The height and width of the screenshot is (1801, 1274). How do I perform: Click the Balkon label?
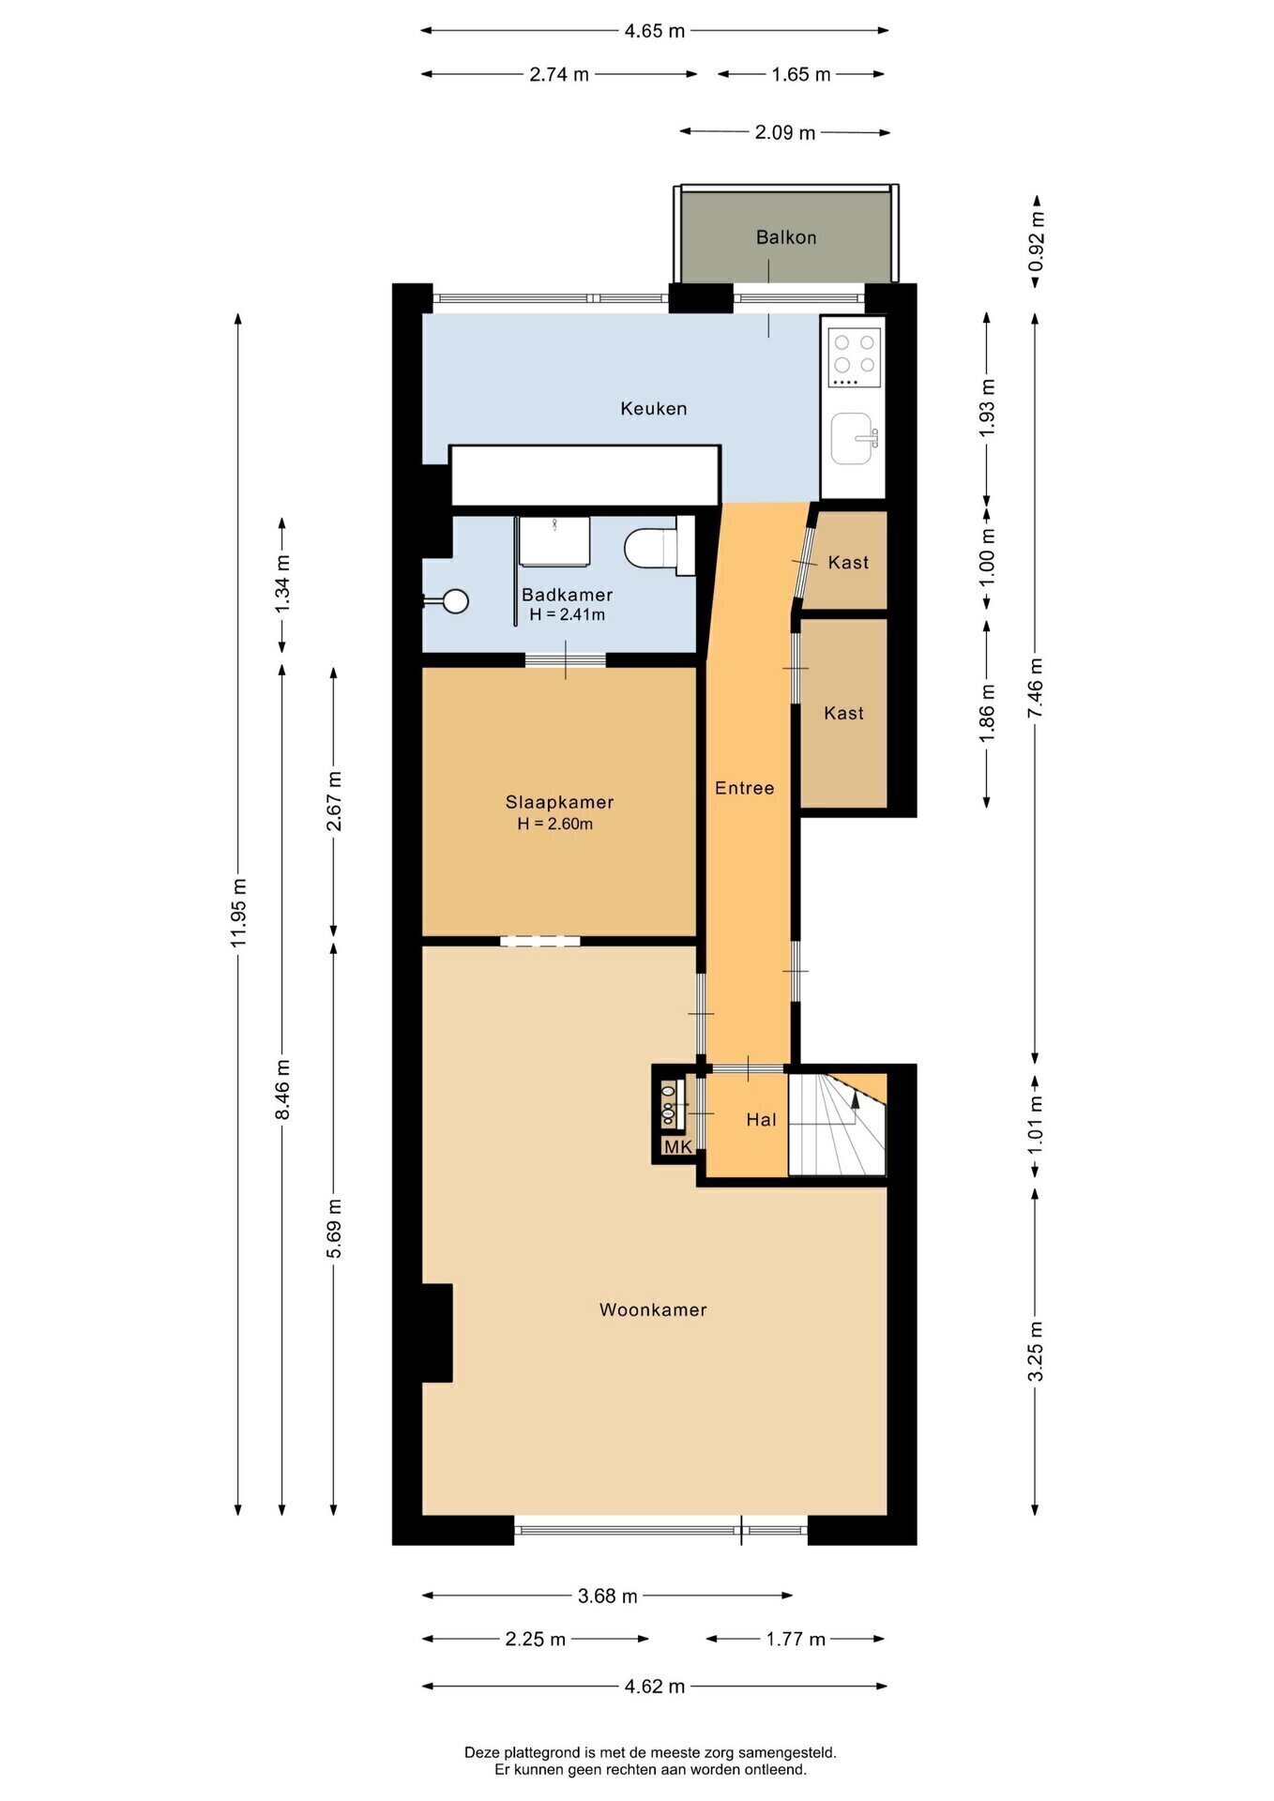point(786,237)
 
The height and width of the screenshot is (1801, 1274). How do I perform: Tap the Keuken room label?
point(654,408)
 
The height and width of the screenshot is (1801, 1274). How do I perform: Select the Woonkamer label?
point(653,1309)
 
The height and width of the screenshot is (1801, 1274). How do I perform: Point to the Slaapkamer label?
point(559,802)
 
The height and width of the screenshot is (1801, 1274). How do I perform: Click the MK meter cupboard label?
point(677,1147)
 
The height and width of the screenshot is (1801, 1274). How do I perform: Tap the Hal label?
point(761,1119)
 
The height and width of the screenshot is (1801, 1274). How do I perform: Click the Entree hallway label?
point(745,788)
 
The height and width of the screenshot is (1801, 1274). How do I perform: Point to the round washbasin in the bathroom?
point(456,600)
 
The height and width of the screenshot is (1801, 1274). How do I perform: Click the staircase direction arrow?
point(856,1103)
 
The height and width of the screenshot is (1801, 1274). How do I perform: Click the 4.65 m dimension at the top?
point(655,31)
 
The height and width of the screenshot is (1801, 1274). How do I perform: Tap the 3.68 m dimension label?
point(608,1596)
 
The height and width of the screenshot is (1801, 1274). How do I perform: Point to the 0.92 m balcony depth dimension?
point(1037,239)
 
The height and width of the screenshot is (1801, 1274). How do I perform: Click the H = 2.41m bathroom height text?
point(567,615)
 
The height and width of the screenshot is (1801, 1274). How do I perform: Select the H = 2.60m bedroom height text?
point(555,825)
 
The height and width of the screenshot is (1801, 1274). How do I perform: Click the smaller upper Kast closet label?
point(848,563)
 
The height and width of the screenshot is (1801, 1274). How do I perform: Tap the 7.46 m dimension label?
point(1036,688)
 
